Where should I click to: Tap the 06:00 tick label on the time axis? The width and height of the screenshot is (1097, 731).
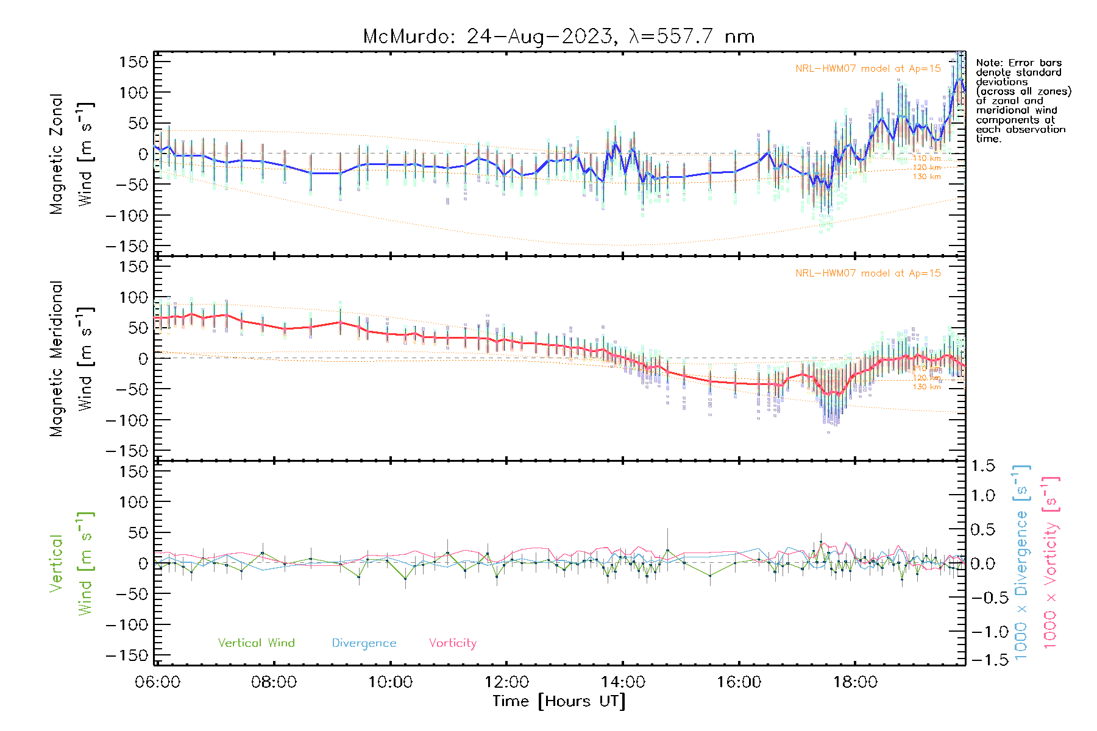point(157,682)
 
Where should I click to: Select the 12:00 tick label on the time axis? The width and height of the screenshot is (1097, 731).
point(506,682)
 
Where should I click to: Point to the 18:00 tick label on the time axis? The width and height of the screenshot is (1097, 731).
point(855,682)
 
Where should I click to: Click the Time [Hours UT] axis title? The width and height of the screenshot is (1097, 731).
point(559,701)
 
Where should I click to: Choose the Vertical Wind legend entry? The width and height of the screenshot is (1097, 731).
point(256,643)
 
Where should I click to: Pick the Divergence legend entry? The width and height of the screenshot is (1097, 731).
point(364,643)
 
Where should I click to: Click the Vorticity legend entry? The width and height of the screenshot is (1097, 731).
point(452,643)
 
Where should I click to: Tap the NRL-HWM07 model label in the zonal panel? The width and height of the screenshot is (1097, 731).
point(868,68)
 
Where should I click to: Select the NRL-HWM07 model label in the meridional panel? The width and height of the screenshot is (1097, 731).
point(868,273)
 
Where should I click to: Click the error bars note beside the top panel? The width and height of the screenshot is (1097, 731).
point(1023,101)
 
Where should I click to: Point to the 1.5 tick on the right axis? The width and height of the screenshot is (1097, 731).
point(983,466)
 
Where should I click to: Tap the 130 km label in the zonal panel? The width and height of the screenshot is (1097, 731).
point(926,177)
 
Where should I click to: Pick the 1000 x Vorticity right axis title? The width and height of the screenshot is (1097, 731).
point(1051,562)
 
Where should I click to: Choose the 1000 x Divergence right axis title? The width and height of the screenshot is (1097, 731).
point(1021,562)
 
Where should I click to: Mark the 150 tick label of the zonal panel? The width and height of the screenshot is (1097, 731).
point(133,62)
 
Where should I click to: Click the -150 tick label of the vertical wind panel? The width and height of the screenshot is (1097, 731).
point(127,655)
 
